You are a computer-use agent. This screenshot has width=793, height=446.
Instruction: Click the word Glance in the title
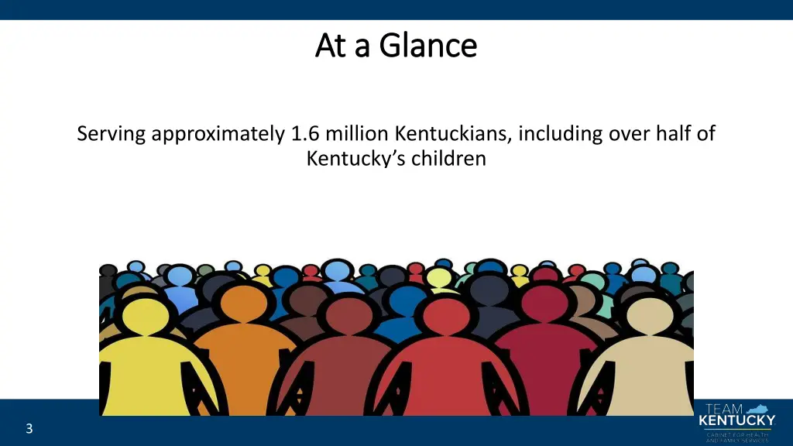pyautogui.click(x=428, y=46)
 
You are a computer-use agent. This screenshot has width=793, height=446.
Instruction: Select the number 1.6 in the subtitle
pyautogui.click(x=306, y=134)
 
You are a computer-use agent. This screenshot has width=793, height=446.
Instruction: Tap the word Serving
pyautogui.click(x=112, y=134)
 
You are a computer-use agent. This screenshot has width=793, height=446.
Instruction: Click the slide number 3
pyautogui.click(x=29, y=429)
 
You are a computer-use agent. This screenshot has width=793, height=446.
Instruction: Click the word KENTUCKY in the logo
pyautogui.click(x=736, y=421)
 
